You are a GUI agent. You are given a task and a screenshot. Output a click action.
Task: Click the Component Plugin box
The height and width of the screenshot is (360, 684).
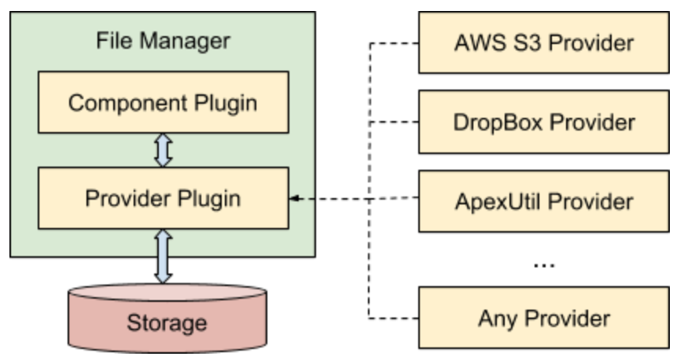pos(163,102)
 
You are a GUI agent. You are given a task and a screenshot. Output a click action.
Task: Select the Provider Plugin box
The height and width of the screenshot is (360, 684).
pos(163,198)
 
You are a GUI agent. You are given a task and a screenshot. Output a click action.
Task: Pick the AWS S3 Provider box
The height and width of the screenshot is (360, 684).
pos(543,42)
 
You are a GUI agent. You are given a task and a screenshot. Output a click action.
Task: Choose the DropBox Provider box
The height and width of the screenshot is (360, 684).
pos(543,122)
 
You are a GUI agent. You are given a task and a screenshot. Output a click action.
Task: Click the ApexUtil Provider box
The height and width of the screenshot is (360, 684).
pos(543,200)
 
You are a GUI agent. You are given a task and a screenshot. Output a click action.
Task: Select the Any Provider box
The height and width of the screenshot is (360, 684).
pos(543,318)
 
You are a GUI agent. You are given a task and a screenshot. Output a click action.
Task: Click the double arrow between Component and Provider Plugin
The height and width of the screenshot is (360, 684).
pos(163,150)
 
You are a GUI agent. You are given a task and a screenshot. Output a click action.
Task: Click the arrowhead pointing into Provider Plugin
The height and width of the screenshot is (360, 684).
pos(293,199)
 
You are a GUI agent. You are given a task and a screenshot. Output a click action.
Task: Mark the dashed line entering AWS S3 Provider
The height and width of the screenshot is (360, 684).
pos(393,42)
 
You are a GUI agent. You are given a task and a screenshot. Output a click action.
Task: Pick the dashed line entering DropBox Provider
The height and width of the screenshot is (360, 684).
pos(393,122)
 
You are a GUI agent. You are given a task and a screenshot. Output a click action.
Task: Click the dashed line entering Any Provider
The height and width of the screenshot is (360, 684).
pos(393,318)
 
